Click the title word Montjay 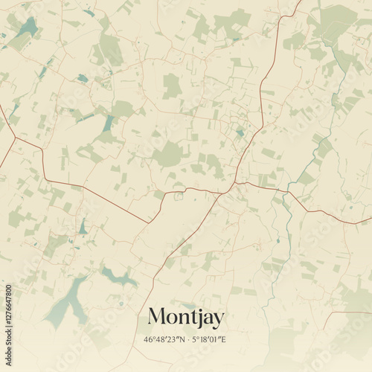click(x=185, y=317)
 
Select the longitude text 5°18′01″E click(x=208, y=340)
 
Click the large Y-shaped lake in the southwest click(x=67, y=301)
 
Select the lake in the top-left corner click(x=28, y=28)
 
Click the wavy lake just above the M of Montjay click(x=119, y=278)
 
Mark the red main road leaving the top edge click(x=296, y=7)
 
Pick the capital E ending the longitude click(x=223, y=340)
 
